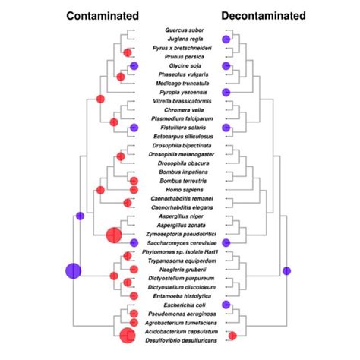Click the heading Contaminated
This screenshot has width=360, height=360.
tap(102, 15)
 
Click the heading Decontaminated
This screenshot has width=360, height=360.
tap(264, 15)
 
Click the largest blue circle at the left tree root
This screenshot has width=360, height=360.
tap(74, 270)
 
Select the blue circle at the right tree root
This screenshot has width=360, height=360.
tap(287, 270)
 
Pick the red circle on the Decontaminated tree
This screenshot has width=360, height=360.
tap(232, 336)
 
